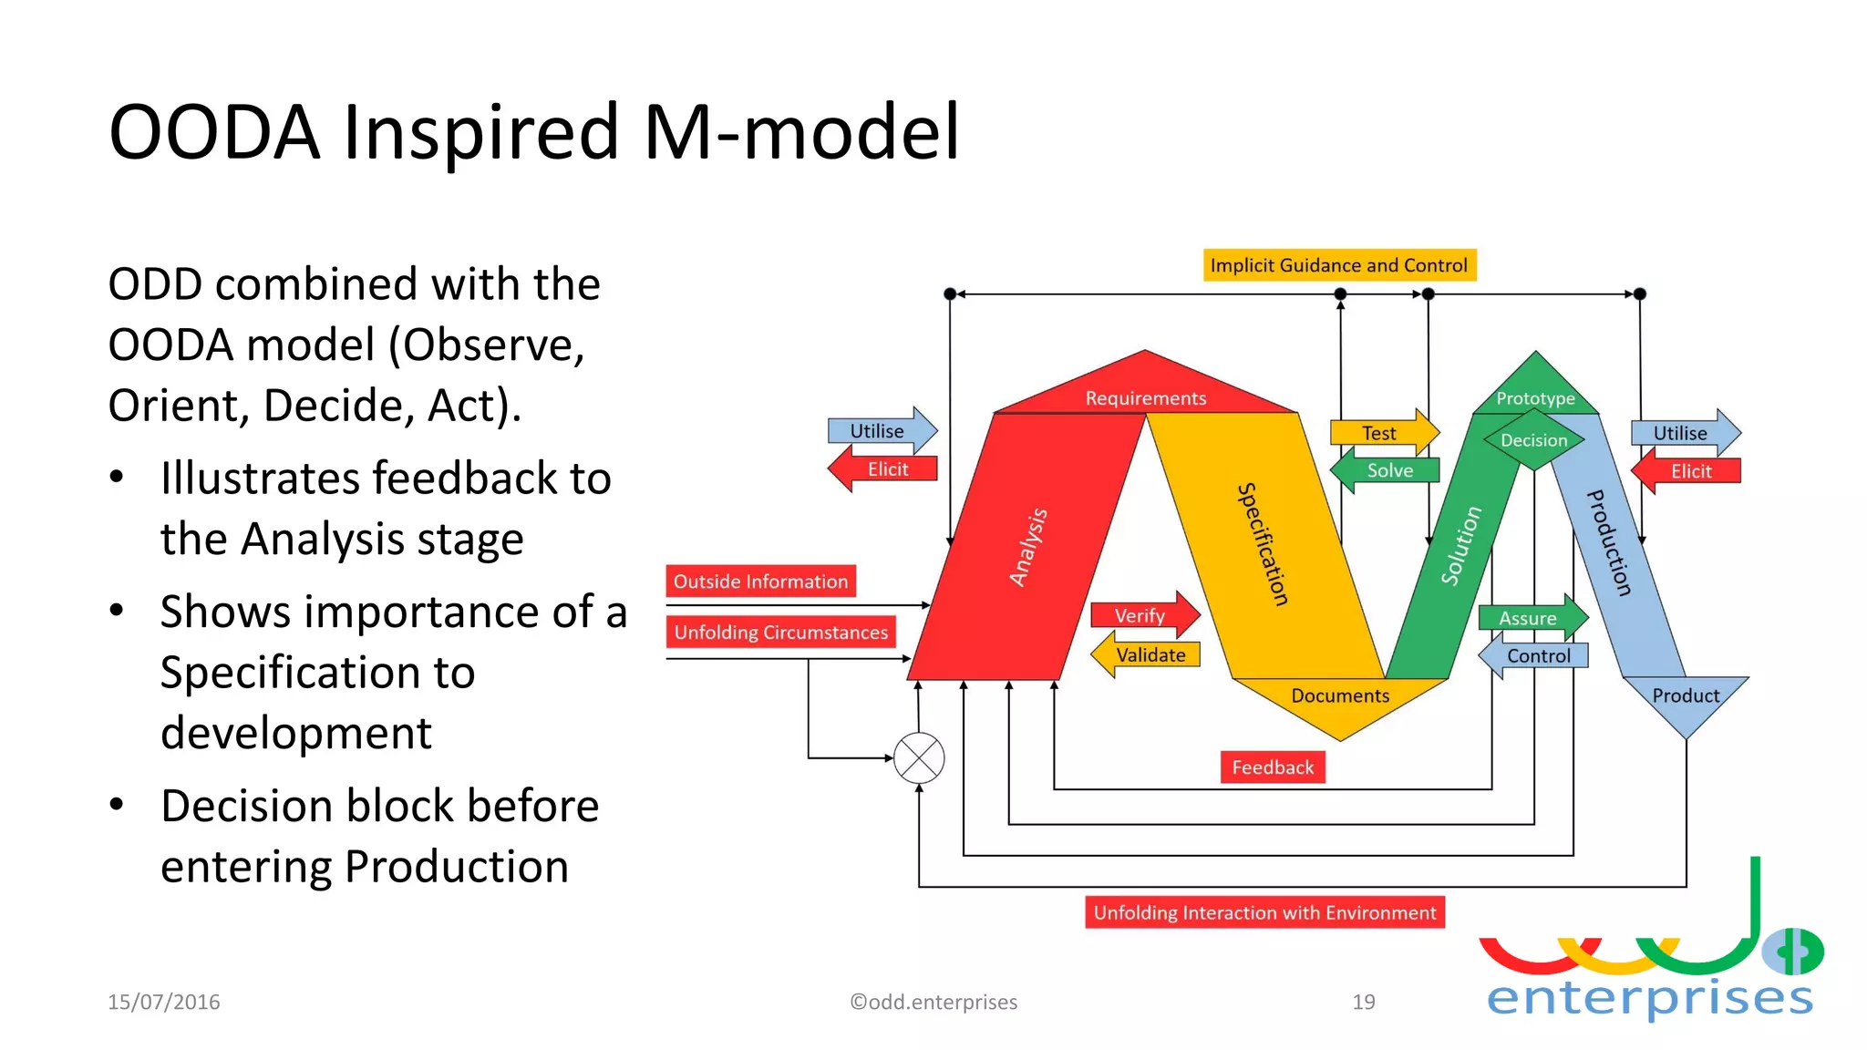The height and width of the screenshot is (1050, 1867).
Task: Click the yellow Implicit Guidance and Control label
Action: pyautogui.click(x=1338, y=265)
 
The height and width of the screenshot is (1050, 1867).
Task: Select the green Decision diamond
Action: pyautogui.click(x=1534, y=440)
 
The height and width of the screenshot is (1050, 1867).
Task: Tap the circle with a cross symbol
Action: pyautogui.click(x=919, y=758)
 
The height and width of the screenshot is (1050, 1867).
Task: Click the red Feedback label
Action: pyautogui.click(x=1273, y=767)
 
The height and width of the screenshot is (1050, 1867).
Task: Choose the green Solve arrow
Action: pyautogui.click(x=1386, y=470)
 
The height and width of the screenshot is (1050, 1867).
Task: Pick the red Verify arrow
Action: pyautogui.click(x=1143, y=615)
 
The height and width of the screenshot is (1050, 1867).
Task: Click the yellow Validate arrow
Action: pyautogui.click(x=1148, y=655)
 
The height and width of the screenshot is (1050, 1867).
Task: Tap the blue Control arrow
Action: pyautogui.click(x=1535, y=656)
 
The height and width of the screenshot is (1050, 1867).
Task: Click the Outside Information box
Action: pyautogui.click(x=760, y=582)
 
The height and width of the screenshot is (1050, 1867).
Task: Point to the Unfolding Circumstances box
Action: pyautogui.click(x=780, y=632)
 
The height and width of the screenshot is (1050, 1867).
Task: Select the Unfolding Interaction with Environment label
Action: pyautogui.click(x=1264, y=912)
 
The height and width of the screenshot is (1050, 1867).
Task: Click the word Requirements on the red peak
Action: pyautogui.click(x=1145, y=398)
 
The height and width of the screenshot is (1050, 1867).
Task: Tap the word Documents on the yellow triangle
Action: pyautogui.click(x=1340, y=695)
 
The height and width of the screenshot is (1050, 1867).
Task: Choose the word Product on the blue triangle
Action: pyautogui.click(x=1686, y=695)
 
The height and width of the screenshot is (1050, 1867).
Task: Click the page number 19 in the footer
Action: pyautogui.click(x=1363, y=1002)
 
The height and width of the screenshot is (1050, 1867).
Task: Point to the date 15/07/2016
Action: pyautogui.click(x=164, y=1002)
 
